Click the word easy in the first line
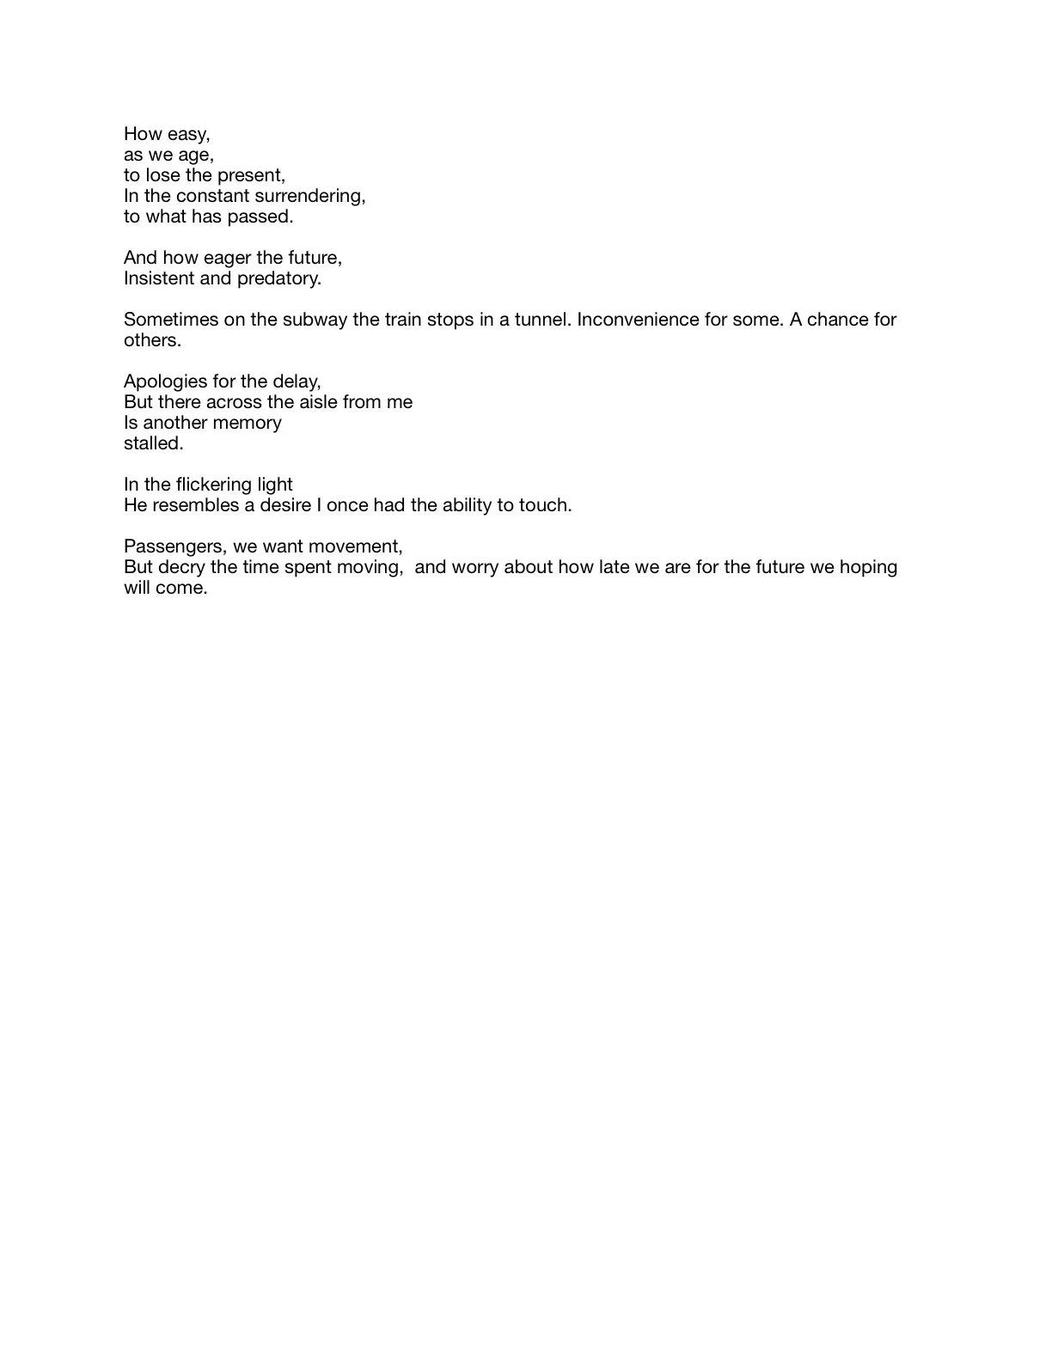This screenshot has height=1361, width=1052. pos(187,134)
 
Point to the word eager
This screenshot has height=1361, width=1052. pos(228,258)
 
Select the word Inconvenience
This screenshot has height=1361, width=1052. pos(638,320)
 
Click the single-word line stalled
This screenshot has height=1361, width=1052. pos(153,443)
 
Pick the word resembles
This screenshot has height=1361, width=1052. pos(198,505)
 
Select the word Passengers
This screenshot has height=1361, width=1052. pos(174,546)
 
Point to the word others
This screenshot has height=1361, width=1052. pos(152,340)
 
